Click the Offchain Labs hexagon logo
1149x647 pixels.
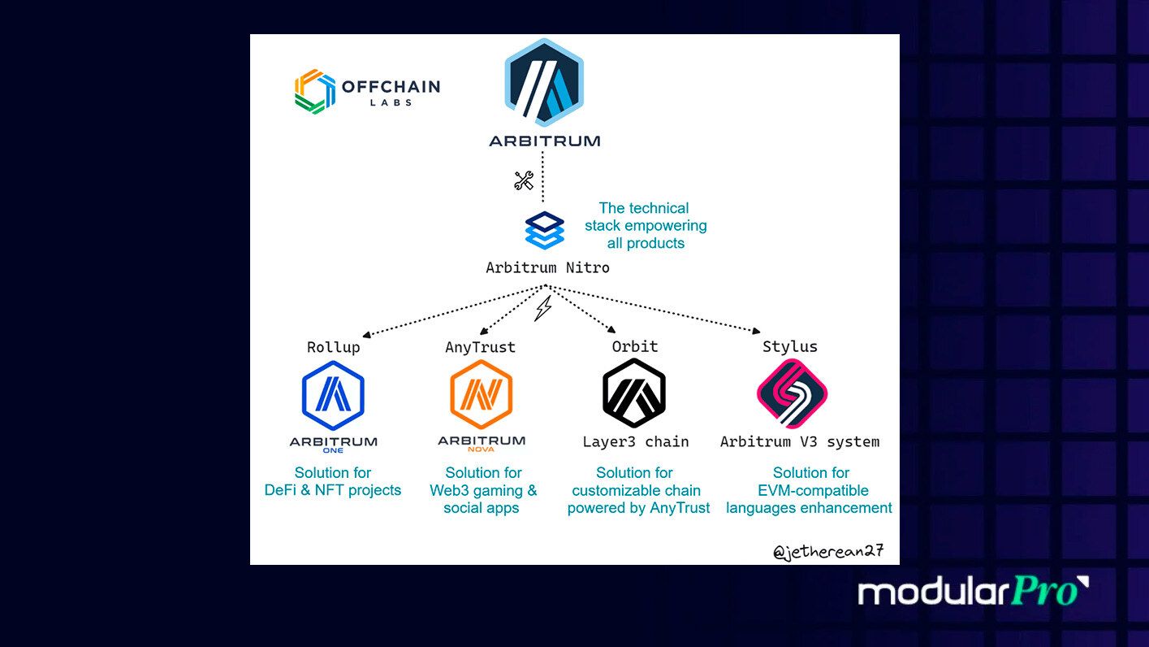tap(315, 91)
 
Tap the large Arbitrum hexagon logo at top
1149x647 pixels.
tap(544, 83)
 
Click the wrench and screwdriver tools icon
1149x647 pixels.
tap(524, 180)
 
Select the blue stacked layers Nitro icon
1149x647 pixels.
tap(544, 230)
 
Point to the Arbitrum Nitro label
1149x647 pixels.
tap(547, 267)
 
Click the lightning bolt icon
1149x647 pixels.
tap(543, 308)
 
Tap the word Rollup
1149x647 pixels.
tap(333, 347)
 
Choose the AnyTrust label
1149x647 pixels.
tap(480, 347)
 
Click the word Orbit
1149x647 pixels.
tap(634, 346)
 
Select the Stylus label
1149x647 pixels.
tap(789, 347)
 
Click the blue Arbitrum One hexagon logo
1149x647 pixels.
tap(333, 396)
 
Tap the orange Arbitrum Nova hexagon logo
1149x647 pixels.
tap(481, 394)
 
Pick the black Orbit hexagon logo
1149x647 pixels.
tap(634, 393)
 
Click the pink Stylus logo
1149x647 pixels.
tap(792, 393)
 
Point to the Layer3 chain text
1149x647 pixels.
tap(635, 442)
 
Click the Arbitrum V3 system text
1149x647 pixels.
tap(799, 442)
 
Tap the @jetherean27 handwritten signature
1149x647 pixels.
tap(827, 552)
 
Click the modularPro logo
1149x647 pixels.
tap(973, 591)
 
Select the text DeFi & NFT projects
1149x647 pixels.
tap(333, 490)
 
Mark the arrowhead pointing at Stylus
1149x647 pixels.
tap(756, 331)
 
